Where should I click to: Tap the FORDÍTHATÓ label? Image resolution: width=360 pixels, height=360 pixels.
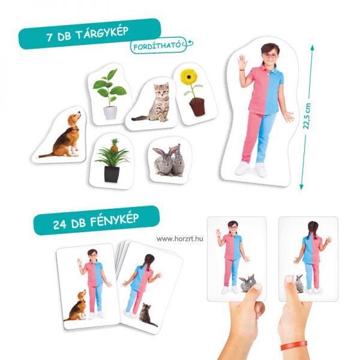point(157,46)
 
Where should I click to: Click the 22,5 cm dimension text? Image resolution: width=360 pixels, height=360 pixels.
point(307,116)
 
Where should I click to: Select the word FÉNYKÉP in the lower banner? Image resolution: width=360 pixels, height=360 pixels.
point(114,220)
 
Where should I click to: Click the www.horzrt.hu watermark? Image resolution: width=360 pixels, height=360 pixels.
point(180,239)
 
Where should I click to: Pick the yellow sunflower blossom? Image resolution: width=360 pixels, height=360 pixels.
point(189,77)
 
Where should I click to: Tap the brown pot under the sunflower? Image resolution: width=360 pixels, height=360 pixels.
point(197,107)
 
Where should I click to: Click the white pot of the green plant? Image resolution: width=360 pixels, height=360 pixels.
point(110,113)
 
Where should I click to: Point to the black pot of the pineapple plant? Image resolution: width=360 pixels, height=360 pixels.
point(112,174)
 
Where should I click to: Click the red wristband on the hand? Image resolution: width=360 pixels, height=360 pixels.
point(294,346)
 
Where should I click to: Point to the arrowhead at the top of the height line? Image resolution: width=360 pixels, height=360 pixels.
point(312,47)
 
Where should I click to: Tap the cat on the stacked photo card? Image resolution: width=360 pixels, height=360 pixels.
point(147,315)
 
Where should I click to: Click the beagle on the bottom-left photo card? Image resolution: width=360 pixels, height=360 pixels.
point(76,306)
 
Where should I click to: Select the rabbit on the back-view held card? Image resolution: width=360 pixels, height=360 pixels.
point(299,284)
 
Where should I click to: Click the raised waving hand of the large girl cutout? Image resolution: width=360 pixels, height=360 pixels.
point(242,62)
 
